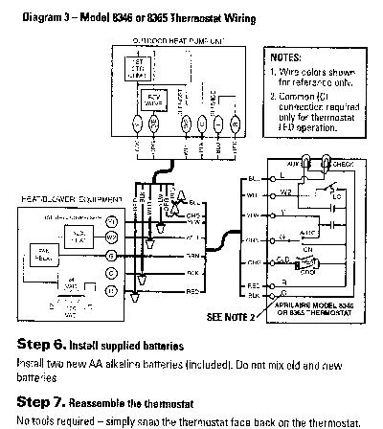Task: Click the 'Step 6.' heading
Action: [x=40, y=342]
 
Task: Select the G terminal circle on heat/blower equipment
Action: [x=111, y=257]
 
